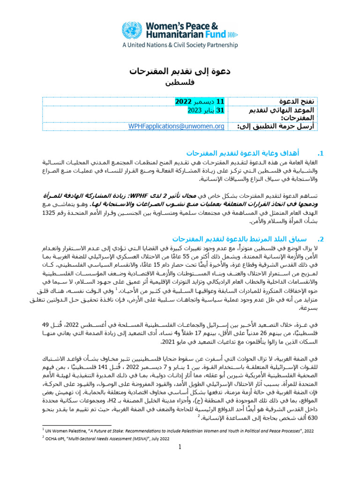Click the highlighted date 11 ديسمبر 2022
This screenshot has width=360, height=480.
194,102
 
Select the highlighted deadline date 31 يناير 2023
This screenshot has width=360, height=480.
197,110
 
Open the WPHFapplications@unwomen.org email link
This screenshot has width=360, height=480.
176,126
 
